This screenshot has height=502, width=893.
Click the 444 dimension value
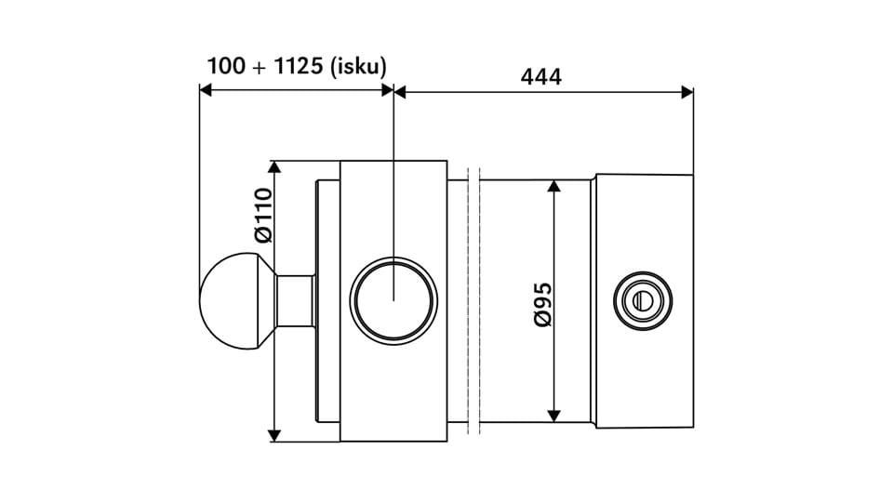pyautogui.click(x=540, y=77)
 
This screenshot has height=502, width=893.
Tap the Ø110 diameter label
pyautogui.click(x=263, y=216)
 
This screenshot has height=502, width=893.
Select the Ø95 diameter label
pyautogui.click(x=543, y=304)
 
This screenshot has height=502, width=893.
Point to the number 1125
pyautogui.click(x=287, y=66)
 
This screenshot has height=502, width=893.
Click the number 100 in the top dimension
pyautogui.click(x=225, y=66)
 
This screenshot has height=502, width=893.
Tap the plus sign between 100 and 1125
pyautogui.click(x=256, y=67)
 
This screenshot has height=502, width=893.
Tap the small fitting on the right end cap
pyautogui.click(x=641, y=299)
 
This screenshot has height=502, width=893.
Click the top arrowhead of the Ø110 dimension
pyautogui.click(x=273, y=167)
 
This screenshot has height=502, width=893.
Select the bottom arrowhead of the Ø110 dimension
pyautogui.click(x=273, y=434)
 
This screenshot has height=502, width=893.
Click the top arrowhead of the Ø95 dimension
pyautogui.click(x=553, y=187)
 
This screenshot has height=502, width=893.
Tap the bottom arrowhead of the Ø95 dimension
pyautogui.click(x=553, y=415)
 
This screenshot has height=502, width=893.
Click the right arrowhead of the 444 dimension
pyautogui.click(x=687, y=91)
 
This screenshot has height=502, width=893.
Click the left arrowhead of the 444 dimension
pyautogui.click(x=401, y=91)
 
